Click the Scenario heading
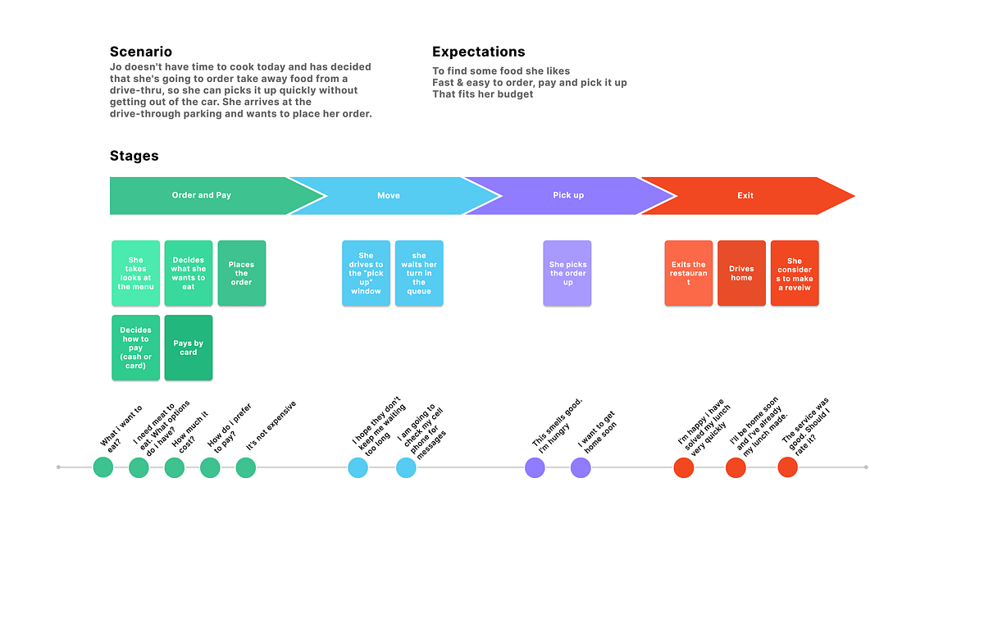(x=140, y=52)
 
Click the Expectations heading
(x=478, y=52)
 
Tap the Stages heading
(x=134, y=156)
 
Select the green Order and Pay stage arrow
(x=202, y=195)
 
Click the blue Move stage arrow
(x=389, y=195)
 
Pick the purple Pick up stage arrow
(x=567, y=195)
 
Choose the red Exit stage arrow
(x=745, y=195)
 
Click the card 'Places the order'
(x=241, y=273)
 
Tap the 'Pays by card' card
(x=189, y=348)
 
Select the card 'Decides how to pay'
(x=135, y=348)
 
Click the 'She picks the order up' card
(x=567, y=273)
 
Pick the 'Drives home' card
(x=741, y=273)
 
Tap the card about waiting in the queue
(x=419, y=273)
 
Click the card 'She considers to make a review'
(x=794, y=273)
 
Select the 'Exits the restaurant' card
(x=688, y=273)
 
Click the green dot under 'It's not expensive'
(x=246, y=467)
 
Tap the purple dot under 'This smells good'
(x=535, y=467)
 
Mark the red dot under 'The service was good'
(x=787, y=467)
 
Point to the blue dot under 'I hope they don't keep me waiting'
(x=358, y=467)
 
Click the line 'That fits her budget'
(x=482, y=94)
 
